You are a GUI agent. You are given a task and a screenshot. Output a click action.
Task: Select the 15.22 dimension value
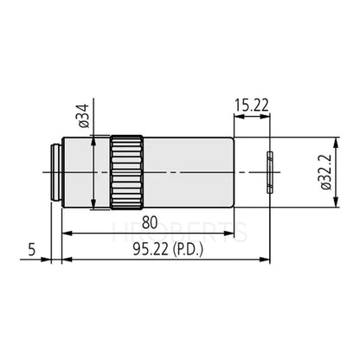pyautogui.click(x=250, y=107)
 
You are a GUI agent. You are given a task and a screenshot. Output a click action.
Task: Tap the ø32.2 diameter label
pyautogui.click(x=326, y=173)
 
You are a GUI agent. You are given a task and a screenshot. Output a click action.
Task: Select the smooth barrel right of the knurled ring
pyautogui.click(x=186, y=171)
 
